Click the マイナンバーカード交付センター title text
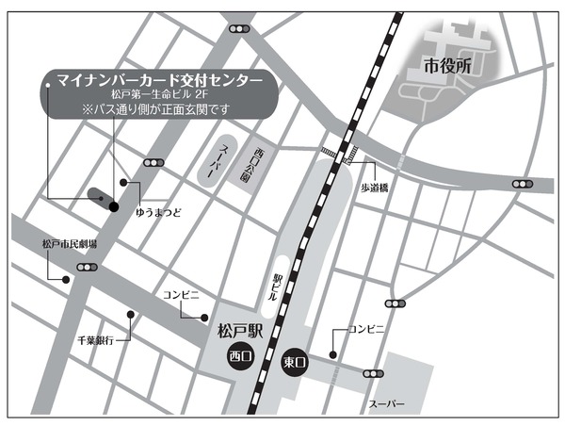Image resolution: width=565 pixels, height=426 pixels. pos(161,80)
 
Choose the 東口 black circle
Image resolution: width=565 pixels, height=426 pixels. pos(296,361)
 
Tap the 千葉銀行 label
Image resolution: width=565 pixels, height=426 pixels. pos(96,339)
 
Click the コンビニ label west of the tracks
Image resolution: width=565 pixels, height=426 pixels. pos(181,295)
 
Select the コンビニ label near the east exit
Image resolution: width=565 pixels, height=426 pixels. pos(367,329)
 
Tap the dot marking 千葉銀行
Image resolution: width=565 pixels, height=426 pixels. pos(131,315)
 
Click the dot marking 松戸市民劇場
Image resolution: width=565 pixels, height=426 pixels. pos(65,279)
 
